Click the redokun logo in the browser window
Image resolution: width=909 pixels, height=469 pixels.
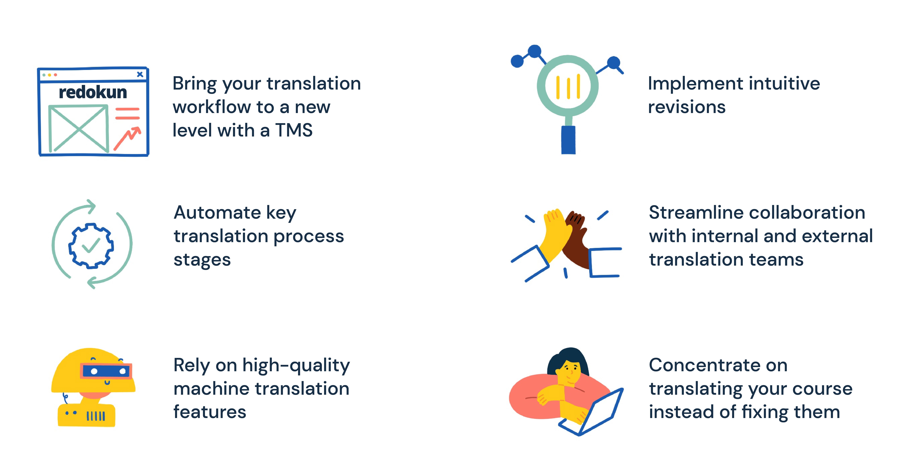(93, 92)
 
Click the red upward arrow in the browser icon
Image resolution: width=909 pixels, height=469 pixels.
(128, 138)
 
